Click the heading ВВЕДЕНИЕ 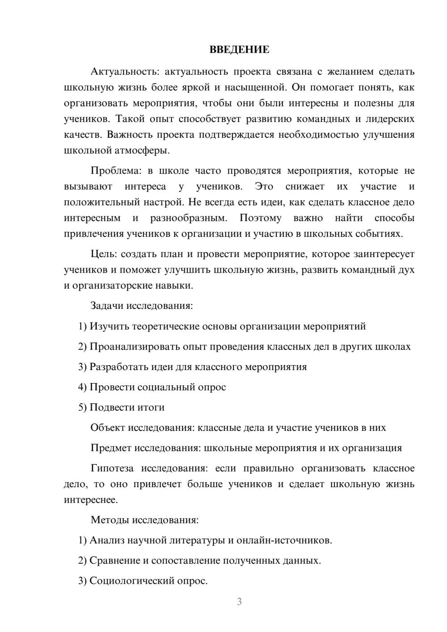pyautogui.click(x=239, y=50)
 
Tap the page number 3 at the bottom pyautogui.click(x=239, y=602)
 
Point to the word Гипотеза pyautogui.click(x=112, y=468)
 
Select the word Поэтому pyautogui.click(x=260, y=218)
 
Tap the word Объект pyautogui.click(x=108, y=428)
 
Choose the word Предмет pyautogui.click(x=111, y=448)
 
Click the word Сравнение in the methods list pyautogui.click(x=114, y=560)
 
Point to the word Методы pyautogui.click(x=107, y=520)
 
